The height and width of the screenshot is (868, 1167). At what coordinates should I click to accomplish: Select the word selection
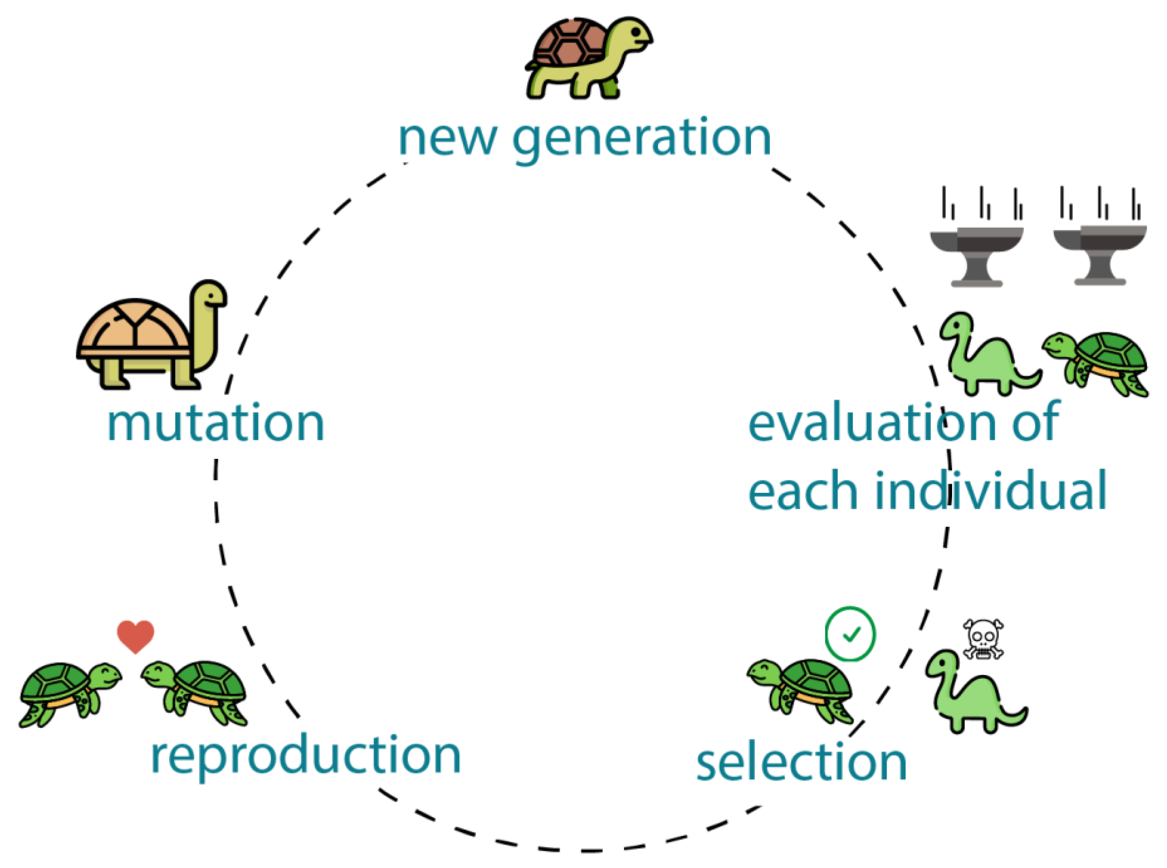tap(802, 763)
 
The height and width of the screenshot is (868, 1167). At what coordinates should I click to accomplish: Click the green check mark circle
tap(850, 634)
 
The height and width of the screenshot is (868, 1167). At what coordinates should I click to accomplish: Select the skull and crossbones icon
tap(983, 639)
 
